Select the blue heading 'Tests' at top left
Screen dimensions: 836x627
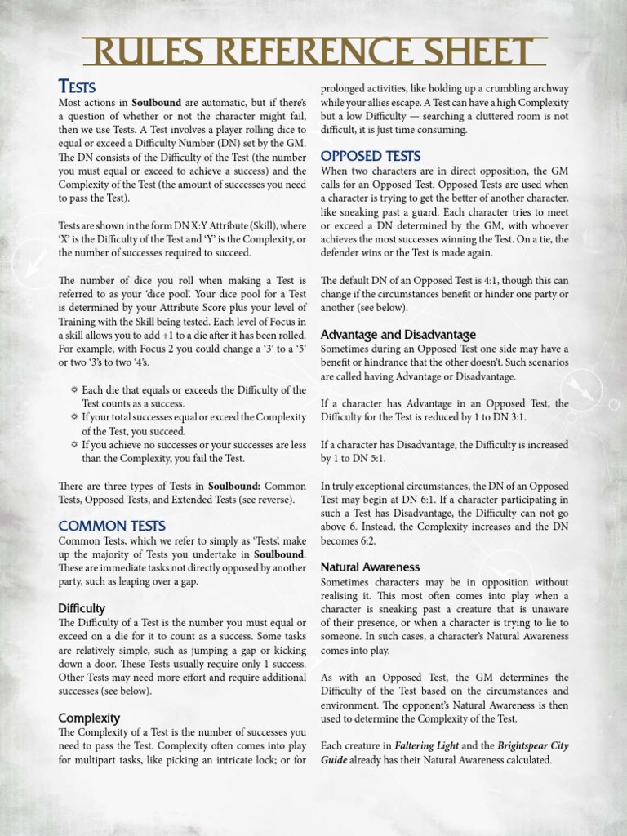[77, 87]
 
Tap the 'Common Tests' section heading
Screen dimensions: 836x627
[111, 526]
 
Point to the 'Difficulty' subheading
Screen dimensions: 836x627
[82, 609]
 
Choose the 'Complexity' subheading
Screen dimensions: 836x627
[89, 718]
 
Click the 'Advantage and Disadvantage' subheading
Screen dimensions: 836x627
[398, 335]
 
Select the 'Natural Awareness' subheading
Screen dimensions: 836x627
[370, 567]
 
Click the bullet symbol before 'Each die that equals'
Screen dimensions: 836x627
[74, 390]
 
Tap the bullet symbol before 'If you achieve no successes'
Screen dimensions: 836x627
[74, 445]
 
